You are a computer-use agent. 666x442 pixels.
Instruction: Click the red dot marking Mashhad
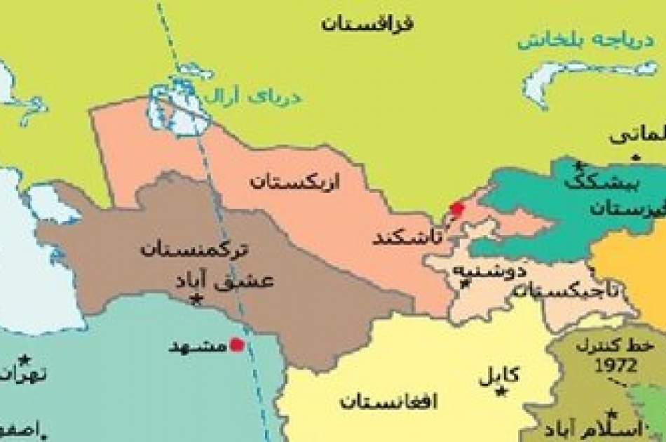[x=238, y=344]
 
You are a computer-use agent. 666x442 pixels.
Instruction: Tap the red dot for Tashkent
[x=457, y=208]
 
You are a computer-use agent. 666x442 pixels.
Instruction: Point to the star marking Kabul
[x=500, y=390]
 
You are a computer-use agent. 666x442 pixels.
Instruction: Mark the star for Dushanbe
[x=463, y=283]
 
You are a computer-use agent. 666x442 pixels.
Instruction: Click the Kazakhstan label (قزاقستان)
[x=367, y=23]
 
